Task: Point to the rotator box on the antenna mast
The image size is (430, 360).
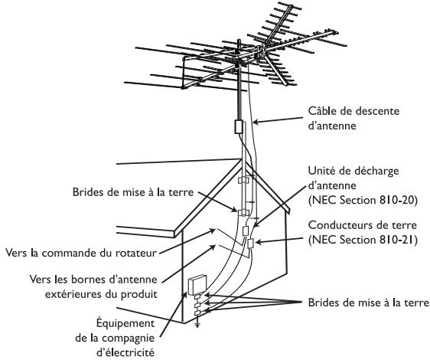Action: click(x=237, y=126)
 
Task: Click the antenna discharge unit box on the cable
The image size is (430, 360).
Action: click(x=246, y=230)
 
